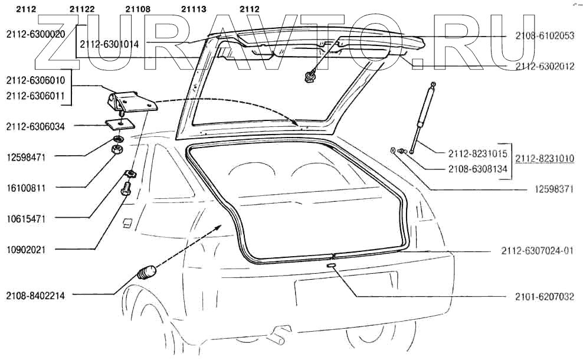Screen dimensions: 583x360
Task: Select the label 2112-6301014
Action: (109, 44)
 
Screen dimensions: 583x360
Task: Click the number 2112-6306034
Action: (35, 126)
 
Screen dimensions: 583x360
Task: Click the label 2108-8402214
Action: (35, 296)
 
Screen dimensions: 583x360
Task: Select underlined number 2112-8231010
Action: (545, 159)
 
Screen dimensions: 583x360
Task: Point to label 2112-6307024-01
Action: (537, 251)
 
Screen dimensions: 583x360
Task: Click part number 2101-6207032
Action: (544, 297)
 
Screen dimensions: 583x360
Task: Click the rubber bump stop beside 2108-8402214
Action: (147, 273)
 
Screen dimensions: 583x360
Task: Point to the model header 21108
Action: (137, 9)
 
